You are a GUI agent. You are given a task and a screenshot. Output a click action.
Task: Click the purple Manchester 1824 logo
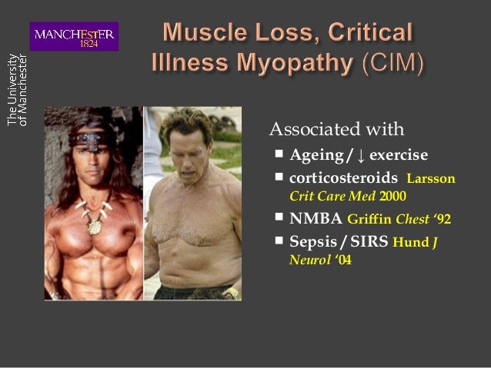coord(74,36)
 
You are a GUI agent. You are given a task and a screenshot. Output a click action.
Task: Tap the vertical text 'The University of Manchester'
coord(18,90)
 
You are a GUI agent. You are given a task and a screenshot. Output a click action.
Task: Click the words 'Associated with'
coord(336,128)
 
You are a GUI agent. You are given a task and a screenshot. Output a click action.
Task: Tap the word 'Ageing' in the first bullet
coord(316,155)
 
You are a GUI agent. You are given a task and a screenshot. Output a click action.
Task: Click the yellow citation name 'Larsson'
coord(430,179)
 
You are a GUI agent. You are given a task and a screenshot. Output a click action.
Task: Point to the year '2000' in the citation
coord(392,196)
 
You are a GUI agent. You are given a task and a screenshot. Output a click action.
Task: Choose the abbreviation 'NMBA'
coord(316,219)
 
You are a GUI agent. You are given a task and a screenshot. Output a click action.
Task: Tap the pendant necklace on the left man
coord(95,225)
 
